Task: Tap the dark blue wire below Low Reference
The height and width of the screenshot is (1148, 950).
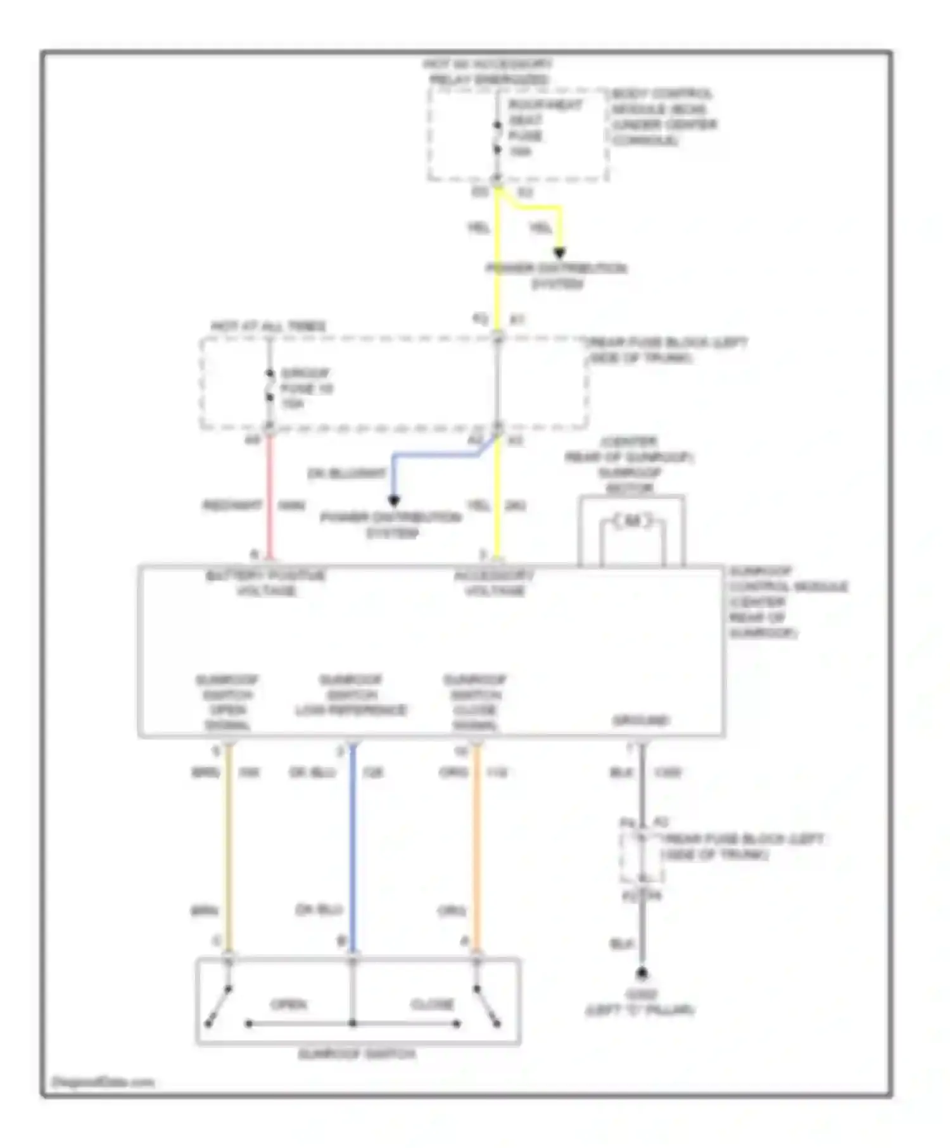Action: (353, 848)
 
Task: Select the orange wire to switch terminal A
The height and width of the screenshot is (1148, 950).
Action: (476, 848)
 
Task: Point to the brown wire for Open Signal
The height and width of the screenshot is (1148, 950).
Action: (229, 848)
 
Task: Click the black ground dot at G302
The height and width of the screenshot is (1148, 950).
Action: (642, 973)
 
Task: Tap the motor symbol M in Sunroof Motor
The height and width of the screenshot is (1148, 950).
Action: (632, 521)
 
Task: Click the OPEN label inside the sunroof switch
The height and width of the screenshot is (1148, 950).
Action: (289, 1004)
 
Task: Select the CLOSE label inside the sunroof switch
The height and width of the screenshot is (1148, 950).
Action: (432, 1004)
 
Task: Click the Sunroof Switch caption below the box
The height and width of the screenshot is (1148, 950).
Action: (357, 1054)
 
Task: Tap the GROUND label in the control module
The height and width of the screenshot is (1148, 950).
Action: (640, 720)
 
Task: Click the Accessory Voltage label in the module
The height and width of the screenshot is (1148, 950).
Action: (494, 583)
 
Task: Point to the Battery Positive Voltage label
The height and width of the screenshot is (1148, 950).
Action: (266, 583)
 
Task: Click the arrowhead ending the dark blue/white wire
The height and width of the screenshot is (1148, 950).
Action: (393, 501)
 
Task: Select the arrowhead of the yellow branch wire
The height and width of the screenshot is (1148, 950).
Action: (559, 253)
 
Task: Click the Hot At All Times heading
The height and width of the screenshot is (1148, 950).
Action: (269, 327)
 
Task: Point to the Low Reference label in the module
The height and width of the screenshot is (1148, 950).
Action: (351, 695)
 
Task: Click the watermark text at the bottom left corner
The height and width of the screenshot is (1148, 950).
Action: (103, 1082)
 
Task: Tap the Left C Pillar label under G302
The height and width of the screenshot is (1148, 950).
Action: (640, 1010)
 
